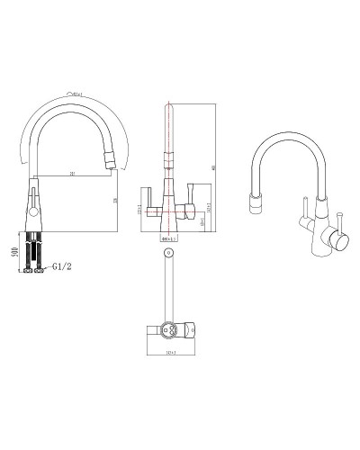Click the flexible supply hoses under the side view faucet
[x=33, y=247]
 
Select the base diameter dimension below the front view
[x=167, y=238]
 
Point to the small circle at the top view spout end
[x=167, y=256]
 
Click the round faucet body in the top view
[x=167, y=329]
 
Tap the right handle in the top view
[x=193, y=329]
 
